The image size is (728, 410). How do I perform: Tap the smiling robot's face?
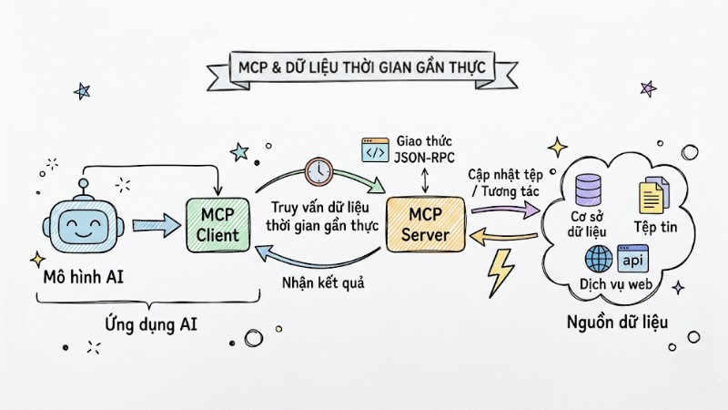tap(83, 229)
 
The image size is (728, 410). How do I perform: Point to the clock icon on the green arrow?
tap(318, 169)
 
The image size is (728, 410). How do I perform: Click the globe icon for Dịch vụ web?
tap(601, 259)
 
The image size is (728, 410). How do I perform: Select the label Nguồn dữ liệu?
tap(618, 322)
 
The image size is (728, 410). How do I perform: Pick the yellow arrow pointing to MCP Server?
tap(504, 239)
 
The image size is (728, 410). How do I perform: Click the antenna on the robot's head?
tap(83, 187)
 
